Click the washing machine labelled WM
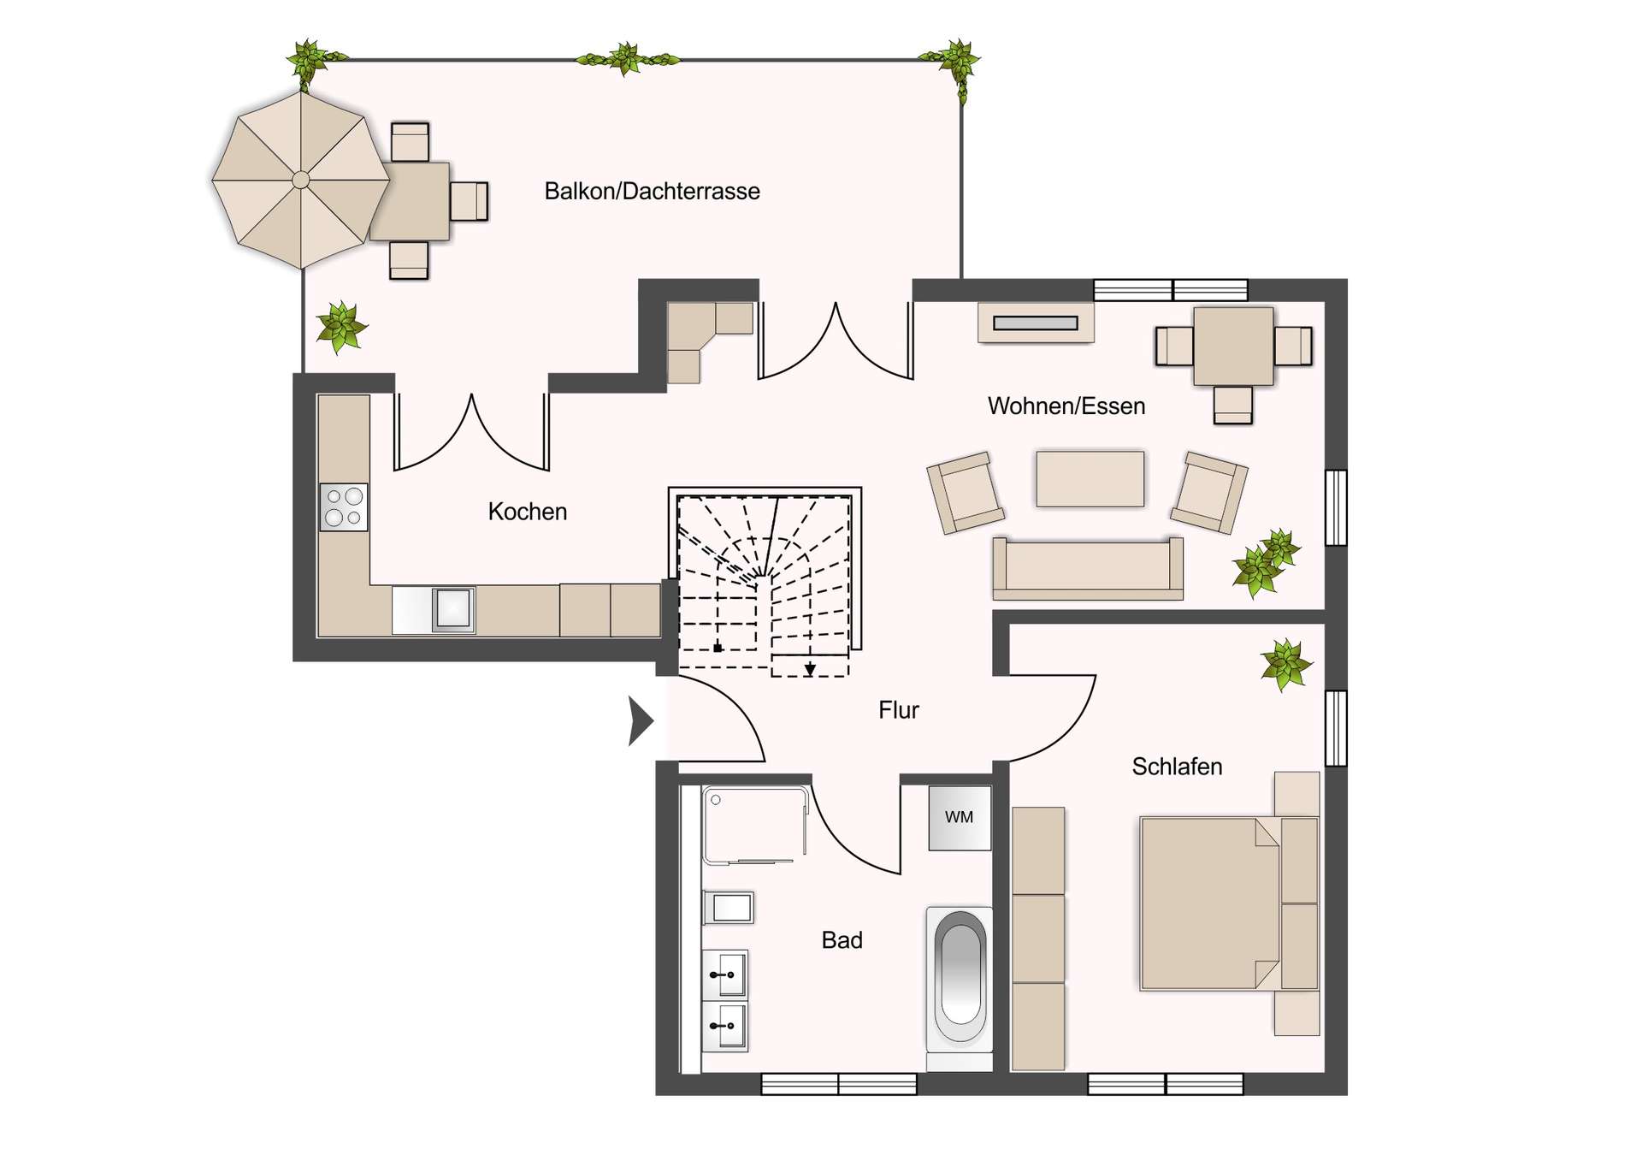(x=960, y=818)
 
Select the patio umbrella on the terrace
(x=301, y=180)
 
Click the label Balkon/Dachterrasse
(x=652, y=191)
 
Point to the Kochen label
(x=527, y=512)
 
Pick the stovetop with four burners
(x=344, y=507)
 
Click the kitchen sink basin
(x=453, y=609)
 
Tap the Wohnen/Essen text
(x=1066, y=406)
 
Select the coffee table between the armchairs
(x=1090, y=479)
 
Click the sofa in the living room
(x=1088, y=567)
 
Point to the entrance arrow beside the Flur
(x=641, y=721)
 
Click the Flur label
(x=899, y=710)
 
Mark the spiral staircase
(x=765, y=582)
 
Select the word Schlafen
(x=1177, y=767)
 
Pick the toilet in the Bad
(x=729, y=907)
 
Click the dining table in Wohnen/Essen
(x=1233, y=346)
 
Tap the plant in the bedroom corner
(x=1285, y=664)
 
